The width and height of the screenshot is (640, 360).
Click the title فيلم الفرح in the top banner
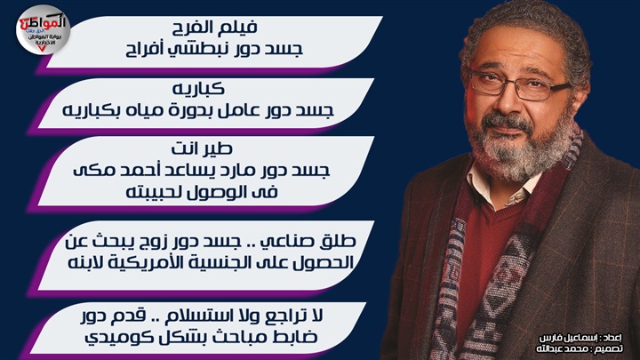214,28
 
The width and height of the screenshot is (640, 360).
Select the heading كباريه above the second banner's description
198,88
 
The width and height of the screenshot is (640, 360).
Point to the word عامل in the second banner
238,110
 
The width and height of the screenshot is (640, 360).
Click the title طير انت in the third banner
202,148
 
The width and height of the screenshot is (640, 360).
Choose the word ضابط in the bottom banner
295,338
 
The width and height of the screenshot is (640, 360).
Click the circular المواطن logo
43,29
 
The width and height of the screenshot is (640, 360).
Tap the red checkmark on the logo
42,49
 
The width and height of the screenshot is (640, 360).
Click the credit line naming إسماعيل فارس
580,338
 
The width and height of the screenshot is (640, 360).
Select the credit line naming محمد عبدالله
580,348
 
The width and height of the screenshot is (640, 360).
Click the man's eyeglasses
518,85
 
